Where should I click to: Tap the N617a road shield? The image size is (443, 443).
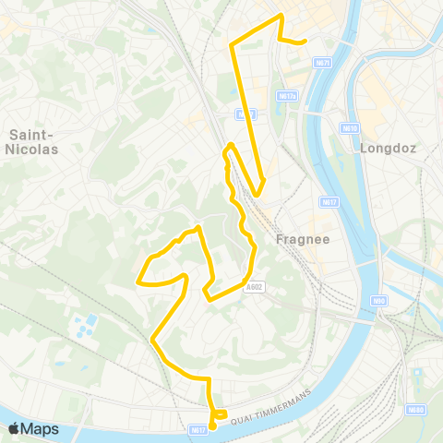pos(284,95)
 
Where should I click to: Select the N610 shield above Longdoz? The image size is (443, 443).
pos(347,128)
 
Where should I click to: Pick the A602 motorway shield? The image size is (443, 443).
pos(254,287)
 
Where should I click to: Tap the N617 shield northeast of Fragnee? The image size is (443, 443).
pos(329,201)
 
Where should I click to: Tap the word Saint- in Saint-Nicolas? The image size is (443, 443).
pos(32,134)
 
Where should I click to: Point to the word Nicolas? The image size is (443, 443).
pos(34,148)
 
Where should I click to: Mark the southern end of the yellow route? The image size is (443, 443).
pos(212,425)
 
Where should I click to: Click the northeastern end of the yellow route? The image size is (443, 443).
pos(305,42)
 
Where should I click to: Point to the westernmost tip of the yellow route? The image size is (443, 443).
pos(138,281)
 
